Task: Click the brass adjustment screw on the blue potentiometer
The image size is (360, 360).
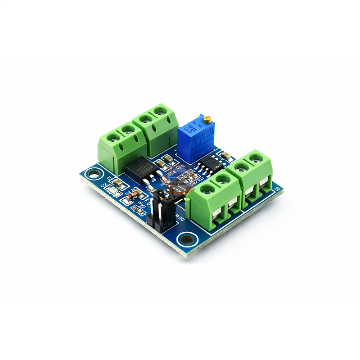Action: [207, 119]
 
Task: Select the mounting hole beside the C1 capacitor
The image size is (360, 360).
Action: [94, 173]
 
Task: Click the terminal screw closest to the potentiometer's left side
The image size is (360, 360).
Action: [159, 110]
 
